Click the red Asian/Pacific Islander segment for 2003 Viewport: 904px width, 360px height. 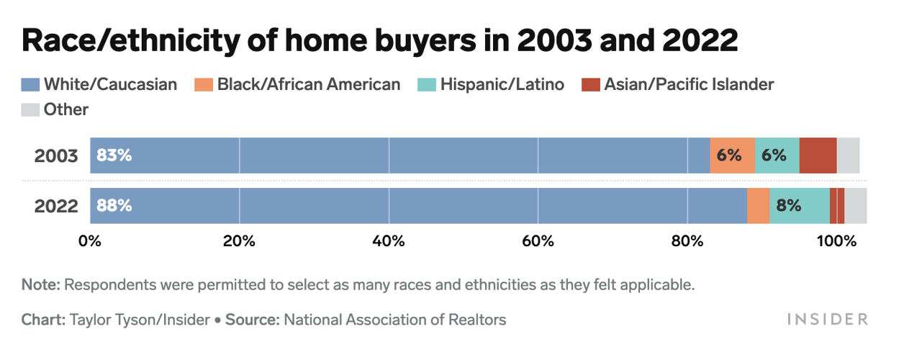(x=818, y=156)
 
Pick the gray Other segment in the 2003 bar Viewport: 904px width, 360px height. (x=848, y=156)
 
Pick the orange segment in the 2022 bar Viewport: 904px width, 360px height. (x=758, y=206)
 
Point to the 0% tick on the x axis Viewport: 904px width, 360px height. (x=90, y=242)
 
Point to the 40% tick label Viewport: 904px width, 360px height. (x=389, y=242)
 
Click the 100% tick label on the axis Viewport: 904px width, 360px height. (x=836, y=242)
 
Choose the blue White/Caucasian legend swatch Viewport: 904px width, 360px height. (x=30, y=85)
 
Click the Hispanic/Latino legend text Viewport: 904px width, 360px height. (x=502, y=85)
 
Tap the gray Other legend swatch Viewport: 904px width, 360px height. (x=30, y=110)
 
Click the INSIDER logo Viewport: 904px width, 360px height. (x=827, y=319)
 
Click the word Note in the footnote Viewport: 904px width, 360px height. (x=40, y=284)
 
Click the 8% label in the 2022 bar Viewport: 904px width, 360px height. (x=789, y=206)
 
